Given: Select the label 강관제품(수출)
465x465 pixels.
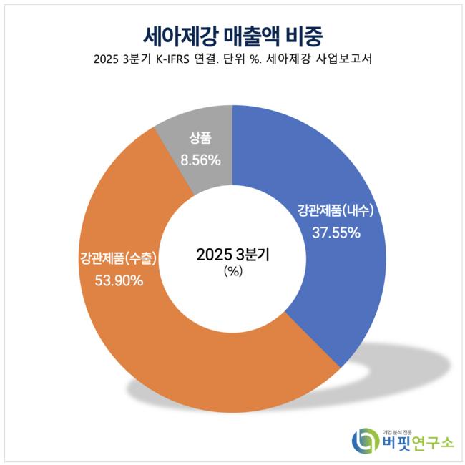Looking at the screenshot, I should pyautogui.click(x=119, y=258).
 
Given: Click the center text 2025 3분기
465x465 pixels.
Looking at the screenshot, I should pyautogui.click(x=232, y=254).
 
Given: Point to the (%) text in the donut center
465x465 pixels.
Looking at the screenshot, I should pyautogui.click(x=232, y=271).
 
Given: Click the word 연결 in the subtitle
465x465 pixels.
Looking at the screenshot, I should pyautogui.click(x=217, y=60).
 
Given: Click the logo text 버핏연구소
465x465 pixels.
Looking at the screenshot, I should pyautogui.click(x=418, y=442).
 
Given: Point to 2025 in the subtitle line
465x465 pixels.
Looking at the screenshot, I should pyautogui.click(x=108, y=60).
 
